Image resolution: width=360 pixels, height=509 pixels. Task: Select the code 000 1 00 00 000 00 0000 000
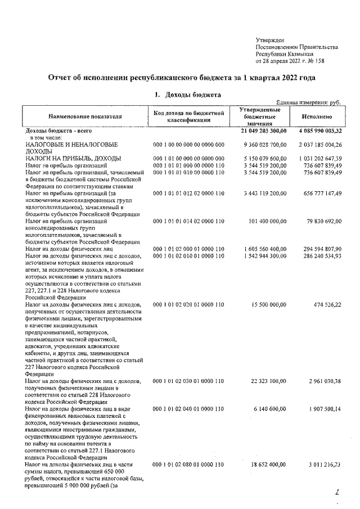(x=188, y=145)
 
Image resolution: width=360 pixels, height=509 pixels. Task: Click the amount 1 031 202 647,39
(x=317, y=158)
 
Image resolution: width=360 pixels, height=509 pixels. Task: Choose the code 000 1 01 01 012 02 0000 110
(x=188, y=193)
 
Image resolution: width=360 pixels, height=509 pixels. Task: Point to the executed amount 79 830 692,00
(x=322, y=221)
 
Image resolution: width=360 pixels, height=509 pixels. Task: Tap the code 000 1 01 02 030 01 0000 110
(x=188, y=381)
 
